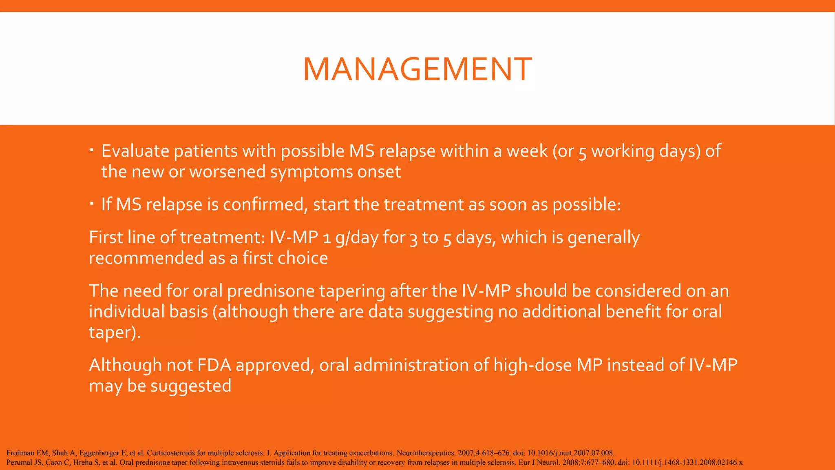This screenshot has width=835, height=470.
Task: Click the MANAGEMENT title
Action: pos(417,69)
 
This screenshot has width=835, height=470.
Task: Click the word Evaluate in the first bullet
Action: pos(135,151)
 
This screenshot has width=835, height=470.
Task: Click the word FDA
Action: pos(214,365)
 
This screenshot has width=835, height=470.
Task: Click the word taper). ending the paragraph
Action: pos(115,333)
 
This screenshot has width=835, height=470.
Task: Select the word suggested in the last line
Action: pos(190,386)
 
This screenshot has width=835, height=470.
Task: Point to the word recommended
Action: pos(146,258)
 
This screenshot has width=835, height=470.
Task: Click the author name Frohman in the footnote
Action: pos(20,453)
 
